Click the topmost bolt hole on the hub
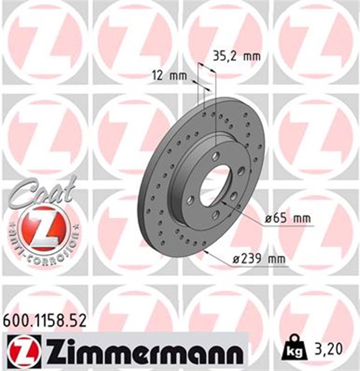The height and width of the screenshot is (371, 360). [x=216, y=155]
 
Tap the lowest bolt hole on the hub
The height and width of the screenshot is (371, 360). [x=214, y=215]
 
